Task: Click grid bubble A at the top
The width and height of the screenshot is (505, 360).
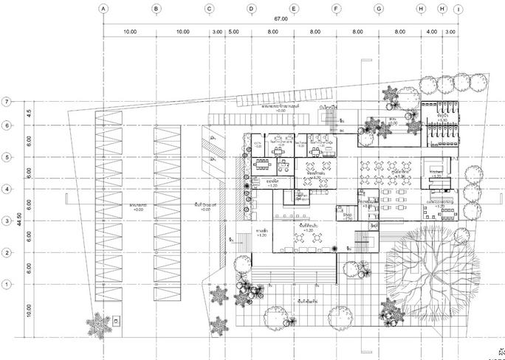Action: tap(103, 9)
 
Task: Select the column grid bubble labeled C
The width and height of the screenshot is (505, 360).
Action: tap(210, 9)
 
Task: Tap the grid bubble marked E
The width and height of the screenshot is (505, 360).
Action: tap(294, 9)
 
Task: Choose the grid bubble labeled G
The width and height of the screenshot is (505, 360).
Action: tap(379, 9)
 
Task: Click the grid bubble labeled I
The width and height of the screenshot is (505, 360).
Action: tap(458, 9)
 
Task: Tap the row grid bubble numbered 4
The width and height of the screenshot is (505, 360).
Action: tap(7, 189)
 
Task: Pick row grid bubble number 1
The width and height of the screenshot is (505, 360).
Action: tap(7, 284)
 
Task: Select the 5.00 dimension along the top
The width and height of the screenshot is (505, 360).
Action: tap(233, 32)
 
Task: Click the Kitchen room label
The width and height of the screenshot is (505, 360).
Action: tap(435, 170)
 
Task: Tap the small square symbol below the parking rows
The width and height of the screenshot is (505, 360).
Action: tap(116, 322)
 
